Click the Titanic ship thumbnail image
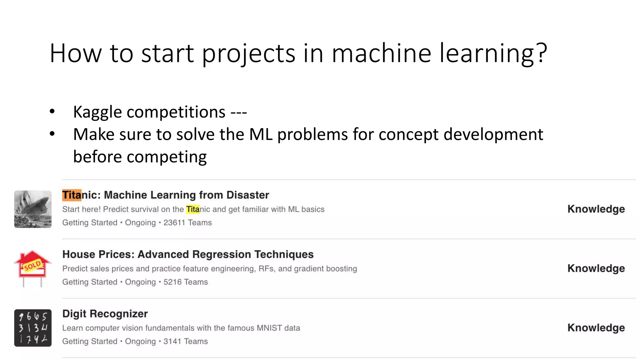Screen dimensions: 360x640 (33, 209)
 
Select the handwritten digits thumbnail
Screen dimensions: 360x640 (33, 328)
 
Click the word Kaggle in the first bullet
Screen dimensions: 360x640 (97, 112)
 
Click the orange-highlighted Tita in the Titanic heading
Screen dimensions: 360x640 (72, 195)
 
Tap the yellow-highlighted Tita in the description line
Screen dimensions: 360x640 (193, 209)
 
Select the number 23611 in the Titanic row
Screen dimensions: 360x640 (174, 223)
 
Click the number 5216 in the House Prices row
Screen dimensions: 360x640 (172, 282)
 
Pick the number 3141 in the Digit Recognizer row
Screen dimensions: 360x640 (172, 342)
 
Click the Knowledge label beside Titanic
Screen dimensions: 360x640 (596, 209)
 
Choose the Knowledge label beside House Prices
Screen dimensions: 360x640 (596, 268)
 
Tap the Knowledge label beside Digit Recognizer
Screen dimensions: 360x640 (596, 328)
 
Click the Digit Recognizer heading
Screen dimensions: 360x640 (105, 314)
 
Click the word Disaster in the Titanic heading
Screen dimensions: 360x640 (247, 195)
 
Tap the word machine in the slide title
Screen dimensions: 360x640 (381, 53)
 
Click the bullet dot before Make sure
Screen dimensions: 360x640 (52, 134)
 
